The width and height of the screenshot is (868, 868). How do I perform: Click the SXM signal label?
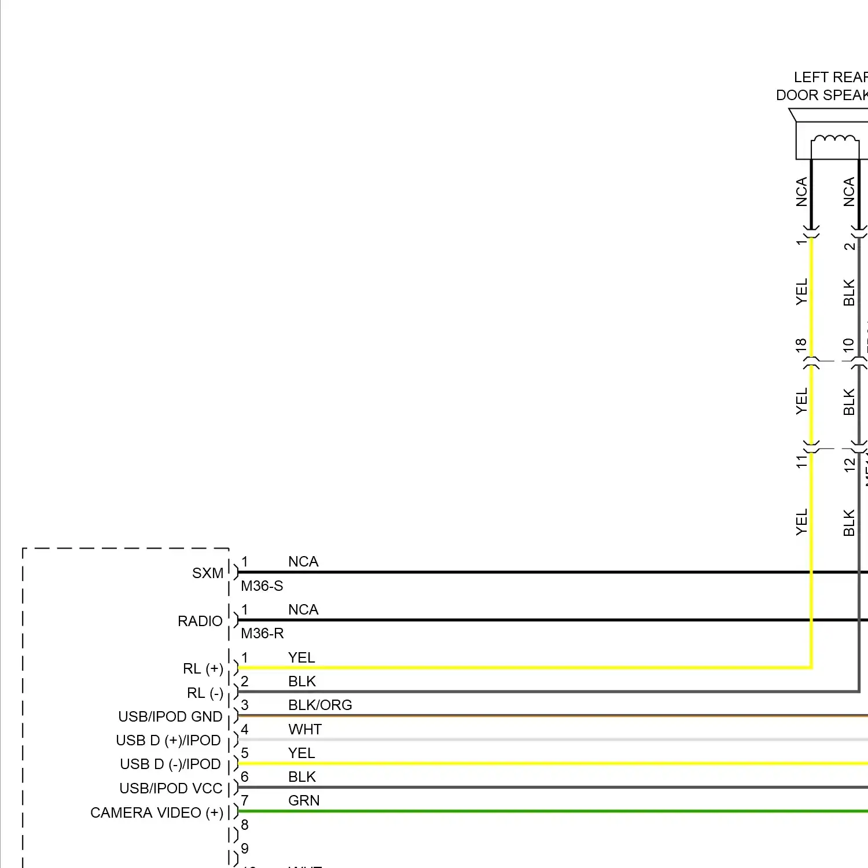click(207, 573)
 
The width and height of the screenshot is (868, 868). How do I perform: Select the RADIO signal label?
click(200, 621)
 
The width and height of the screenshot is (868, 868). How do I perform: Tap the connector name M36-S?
click(262, 586)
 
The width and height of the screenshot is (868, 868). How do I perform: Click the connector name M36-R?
click(262, 634)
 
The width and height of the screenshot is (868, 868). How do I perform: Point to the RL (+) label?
click(203, 669)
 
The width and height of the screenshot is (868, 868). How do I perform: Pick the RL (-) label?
click(205, 693)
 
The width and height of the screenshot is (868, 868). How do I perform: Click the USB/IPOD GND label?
click(170, 717)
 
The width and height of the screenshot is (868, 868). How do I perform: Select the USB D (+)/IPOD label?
click(168, 741)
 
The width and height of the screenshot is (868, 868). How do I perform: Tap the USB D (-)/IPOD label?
click(170, 764)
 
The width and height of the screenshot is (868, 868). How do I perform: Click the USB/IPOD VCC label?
click(171, 789)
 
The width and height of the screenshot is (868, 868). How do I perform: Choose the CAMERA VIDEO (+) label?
click(157, 813)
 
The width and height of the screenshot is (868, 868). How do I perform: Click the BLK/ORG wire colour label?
click(320, 705)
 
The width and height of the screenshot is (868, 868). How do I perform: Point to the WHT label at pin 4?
click(305, 730)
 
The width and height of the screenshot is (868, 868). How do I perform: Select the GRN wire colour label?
click(304, 801)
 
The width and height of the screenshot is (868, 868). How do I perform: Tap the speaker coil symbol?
click(834, 140)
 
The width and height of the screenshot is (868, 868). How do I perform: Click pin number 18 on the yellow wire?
click(801, 345)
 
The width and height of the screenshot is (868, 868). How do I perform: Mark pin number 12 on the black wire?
click(849, 464)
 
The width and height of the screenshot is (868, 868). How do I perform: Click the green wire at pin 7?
click(521, 811)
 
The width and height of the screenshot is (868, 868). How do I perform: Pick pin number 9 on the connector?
click(245, 848)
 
